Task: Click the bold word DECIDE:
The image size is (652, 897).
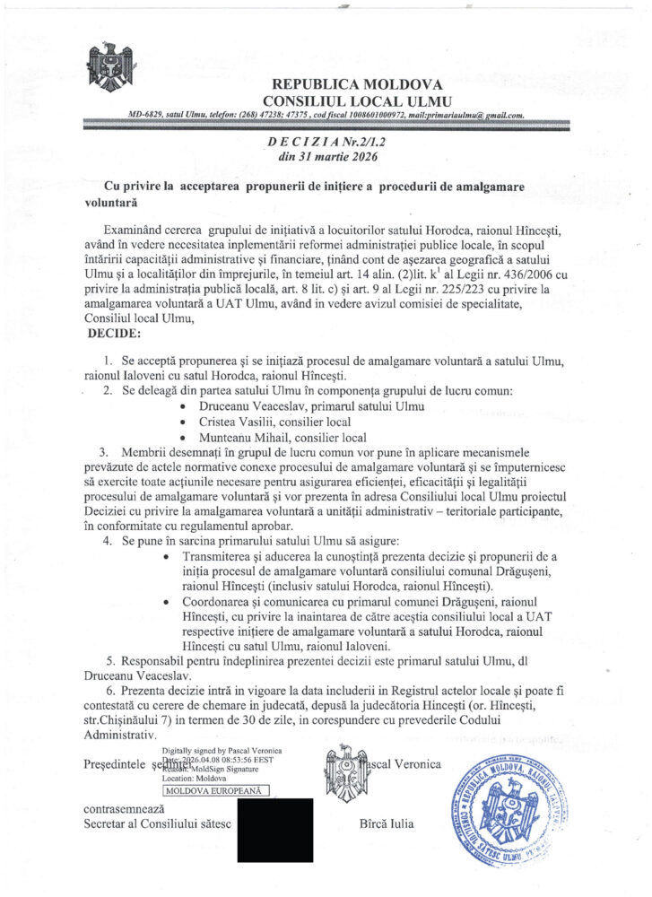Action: (x=114, y=334)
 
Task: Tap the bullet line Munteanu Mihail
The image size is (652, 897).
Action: (x=282, y=437)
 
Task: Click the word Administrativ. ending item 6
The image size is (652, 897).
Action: (x=119, y=735)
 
